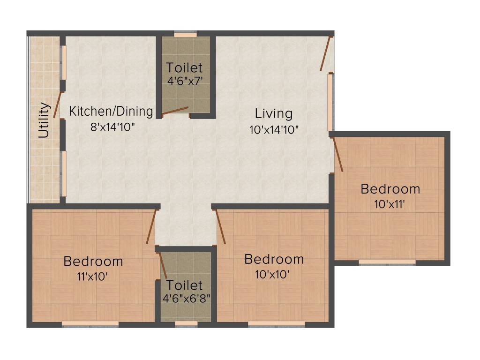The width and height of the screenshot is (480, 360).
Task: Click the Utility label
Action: (x=44, y=120)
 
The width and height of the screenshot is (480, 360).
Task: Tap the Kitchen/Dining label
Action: (x=111, y=112)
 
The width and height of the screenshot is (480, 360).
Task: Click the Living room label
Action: (x=274, y=113)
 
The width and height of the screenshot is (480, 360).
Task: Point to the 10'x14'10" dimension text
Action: (x=274, y=129)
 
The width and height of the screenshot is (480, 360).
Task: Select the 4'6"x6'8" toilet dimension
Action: (x=186, y=298)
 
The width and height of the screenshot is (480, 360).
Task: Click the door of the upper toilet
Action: (x=175, y=111)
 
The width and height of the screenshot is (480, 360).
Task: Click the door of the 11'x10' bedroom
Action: (x=151, y=227)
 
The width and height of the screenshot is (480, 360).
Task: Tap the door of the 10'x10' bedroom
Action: (x=220, y=227)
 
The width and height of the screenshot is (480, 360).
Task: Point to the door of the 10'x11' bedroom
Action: (x=338, y=154)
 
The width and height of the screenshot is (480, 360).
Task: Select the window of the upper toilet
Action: (x=186, y=34)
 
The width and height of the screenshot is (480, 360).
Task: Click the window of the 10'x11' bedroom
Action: (x=387, y=262)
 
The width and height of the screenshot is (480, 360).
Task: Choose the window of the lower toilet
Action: (x=186, y=323)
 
